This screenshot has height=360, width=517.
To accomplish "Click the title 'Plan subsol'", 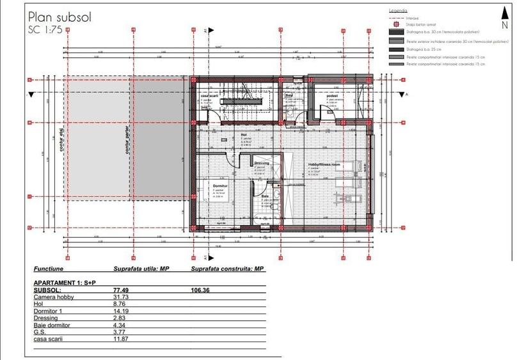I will [60, 16].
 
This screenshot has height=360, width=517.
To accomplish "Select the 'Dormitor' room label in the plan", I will [219, 184].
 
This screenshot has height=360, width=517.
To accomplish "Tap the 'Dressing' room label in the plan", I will [261, 163].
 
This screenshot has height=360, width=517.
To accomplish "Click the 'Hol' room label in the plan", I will [244, 135].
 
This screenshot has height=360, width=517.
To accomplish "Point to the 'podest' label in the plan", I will [331, 95].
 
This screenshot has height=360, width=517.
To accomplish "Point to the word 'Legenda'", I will [398, 12].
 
